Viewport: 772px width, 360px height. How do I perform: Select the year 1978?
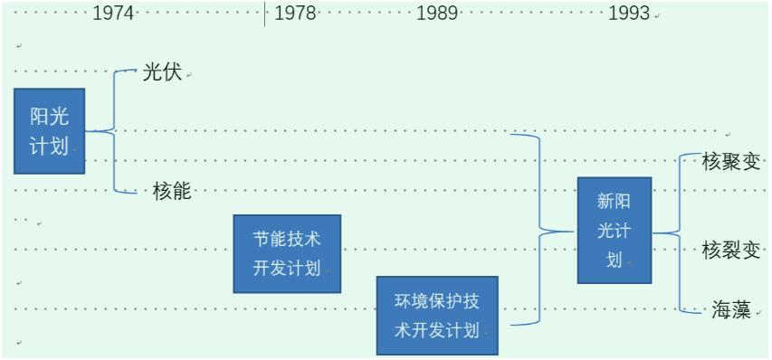click(x=295, y=13)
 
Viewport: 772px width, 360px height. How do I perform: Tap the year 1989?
click(x=438, y=13)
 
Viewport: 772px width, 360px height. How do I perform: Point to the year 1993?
click(x=629, y=13)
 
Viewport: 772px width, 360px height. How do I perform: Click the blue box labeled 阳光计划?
click(x=49, y=130)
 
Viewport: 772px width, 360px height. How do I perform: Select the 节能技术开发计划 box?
click(x=287, y=253)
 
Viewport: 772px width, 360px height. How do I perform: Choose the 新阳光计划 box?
click(x=615, y=230)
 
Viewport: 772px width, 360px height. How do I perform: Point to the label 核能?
click(x=172, y=191)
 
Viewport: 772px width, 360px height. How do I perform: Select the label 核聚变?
click(x=730, y=163)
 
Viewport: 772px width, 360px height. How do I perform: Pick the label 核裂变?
click(x=730, y=251)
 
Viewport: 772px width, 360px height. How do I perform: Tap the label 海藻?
click(x=730, y=310)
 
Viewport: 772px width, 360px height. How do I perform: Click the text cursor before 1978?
click(x=265, y=13)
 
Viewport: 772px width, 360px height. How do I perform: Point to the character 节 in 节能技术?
click(x=262, y=239)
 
